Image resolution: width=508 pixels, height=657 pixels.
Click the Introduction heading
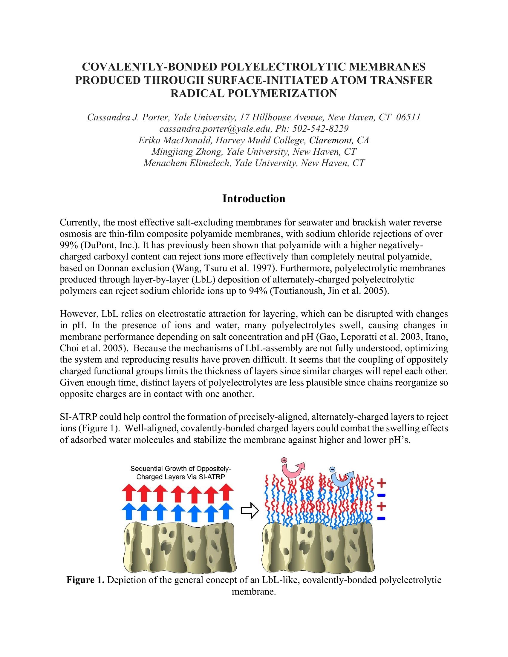(254, 199)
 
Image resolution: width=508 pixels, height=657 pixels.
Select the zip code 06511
(408, 117)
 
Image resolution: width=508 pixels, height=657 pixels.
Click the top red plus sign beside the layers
(382, 483)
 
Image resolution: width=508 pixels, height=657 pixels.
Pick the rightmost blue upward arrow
(226, 512)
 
